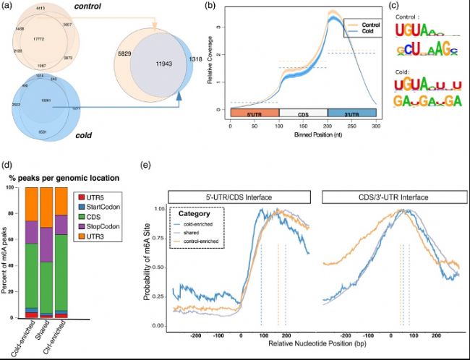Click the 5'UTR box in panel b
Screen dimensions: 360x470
coord(253,113)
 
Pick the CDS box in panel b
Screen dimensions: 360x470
coord(302,113)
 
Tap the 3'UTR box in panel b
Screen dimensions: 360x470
coord(351,113)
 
